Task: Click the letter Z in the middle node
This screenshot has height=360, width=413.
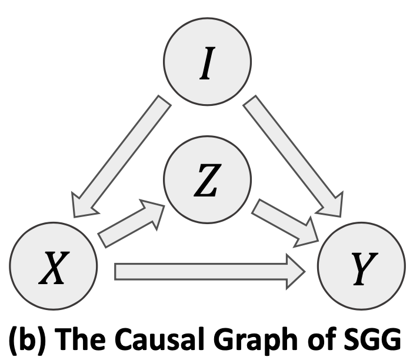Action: tap(206, 184)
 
